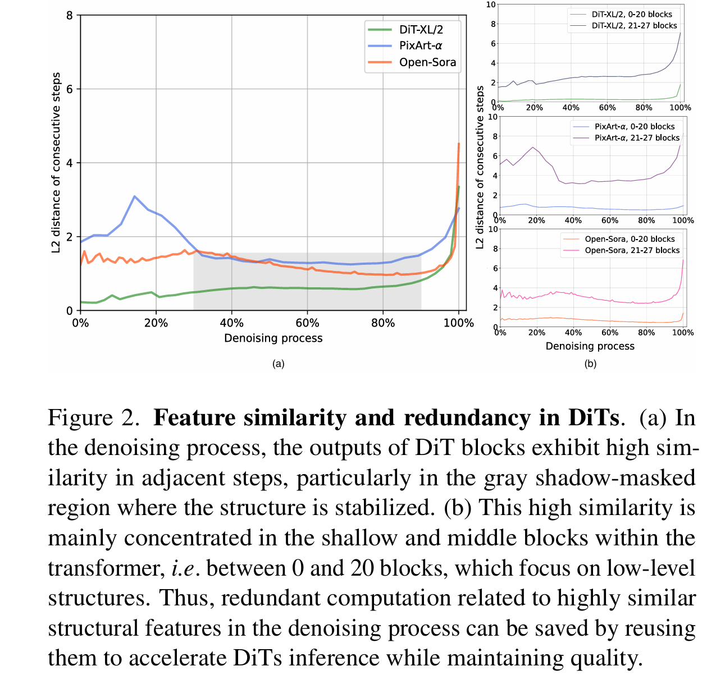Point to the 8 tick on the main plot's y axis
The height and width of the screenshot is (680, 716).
point(70,15)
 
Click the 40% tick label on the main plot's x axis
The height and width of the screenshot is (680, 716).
point(231,323)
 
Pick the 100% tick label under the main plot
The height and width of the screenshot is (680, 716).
point(459,323)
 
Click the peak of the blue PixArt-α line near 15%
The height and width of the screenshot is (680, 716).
point(134,196)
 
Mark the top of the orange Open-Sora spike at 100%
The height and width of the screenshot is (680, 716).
point(459,144)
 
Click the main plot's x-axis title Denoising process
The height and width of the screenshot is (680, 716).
point(273,338)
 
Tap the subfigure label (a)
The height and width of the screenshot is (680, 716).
point(278,364)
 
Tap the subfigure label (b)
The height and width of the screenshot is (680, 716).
point(590,364)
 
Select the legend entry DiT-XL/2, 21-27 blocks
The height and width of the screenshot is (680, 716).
point(634,26)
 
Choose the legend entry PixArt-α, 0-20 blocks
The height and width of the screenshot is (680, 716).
point(635,127)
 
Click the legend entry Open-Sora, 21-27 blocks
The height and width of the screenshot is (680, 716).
point(632,250)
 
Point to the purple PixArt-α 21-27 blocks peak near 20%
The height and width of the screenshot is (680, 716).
point(532,148)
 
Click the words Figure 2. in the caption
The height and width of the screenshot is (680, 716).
point(93,418)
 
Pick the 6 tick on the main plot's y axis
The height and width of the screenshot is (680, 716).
point(70,89)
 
